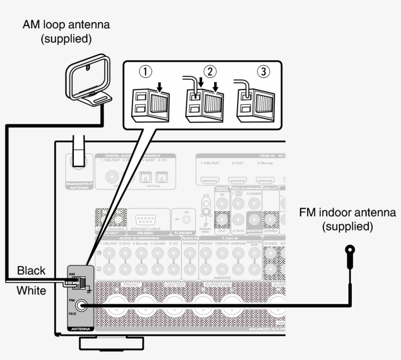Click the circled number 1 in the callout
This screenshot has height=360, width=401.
[x=145, y=71]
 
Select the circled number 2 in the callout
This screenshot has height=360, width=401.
[x=210, y=71]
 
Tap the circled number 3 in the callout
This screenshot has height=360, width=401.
[x=264, y=71]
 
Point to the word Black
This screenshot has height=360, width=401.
[x=31, y=270]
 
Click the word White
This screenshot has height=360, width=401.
[x=31, y=291]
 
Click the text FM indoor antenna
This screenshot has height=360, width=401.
[x=348, y=213]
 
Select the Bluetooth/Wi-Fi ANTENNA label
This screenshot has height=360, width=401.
[x=78, y=186]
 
